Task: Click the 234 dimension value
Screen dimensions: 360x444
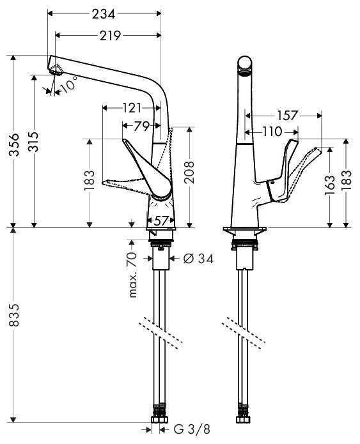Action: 104,14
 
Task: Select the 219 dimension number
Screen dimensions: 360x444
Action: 110,36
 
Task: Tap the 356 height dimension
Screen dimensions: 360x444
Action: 14,144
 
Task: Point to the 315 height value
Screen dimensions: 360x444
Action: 34,142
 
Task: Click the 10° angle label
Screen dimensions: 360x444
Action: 69,84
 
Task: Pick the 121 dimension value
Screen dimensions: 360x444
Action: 132,108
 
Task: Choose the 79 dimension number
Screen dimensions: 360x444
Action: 142,126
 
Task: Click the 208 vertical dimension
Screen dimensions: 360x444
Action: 189,172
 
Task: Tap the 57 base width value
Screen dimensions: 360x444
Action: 161,220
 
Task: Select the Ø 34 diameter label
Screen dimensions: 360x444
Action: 198,258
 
